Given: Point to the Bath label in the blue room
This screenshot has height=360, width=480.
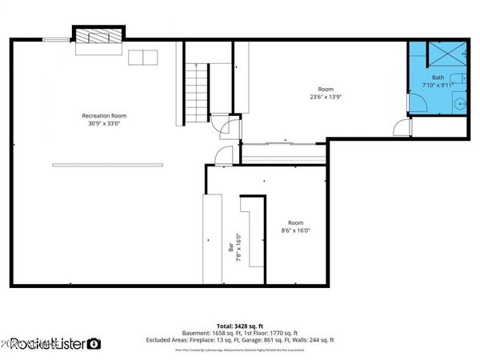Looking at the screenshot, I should tap(438, 78).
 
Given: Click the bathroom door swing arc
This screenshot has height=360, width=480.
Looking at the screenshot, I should tap(418, 102).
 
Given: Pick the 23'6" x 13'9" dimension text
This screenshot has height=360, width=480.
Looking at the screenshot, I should tap(326, 96).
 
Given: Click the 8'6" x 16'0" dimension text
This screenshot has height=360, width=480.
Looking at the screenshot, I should tap(295, 230).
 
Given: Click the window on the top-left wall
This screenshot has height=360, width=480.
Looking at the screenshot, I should tap(56, 38).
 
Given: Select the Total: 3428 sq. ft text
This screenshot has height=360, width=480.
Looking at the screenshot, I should tap(241, 326).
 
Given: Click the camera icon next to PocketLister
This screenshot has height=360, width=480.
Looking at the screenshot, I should tap(94, 344).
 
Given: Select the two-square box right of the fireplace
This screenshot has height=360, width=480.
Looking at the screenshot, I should tap(144, 58).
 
